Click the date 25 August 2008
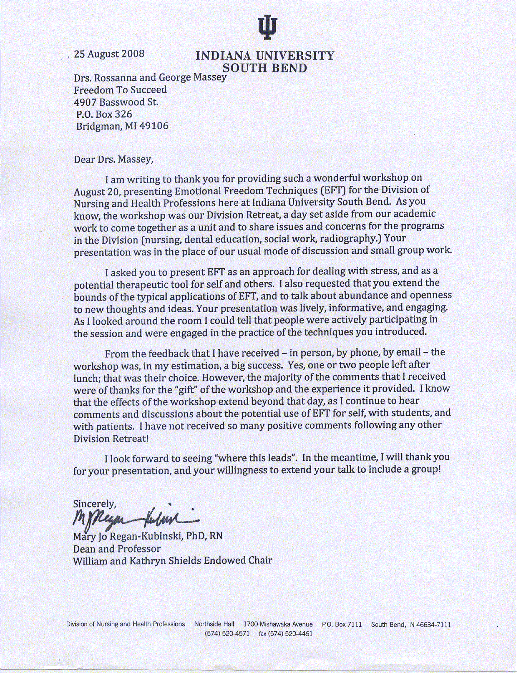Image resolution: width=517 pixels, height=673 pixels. click(x=109, y=54)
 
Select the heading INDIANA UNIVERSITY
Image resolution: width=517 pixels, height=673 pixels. click(x=265, y=56)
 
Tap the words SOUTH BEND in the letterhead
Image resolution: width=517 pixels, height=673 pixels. click(x=265, y=68)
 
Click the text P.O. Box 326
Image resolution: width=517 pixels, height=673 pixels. click(x=104, y=114)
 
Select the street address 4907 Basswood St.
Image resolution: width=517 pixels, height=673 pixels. click(x=116, y=102)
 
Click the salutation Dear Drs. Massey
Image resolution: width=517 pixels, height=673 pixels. click(x=114, y=159)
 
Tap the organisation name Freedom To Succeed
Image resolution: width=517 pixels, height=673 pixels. click(x=120, y=90)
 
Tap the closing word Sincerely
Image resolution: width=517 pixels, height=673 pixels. click(x=95, y=504)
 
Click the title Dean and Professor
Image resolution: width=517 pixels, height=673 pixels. click(x=117, y=549)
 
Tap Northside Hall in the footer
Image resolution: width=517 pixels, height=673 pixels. click(x=214, y=624)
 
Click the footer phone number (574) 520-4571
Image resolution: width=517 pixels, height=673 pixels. click(x=227, y=634)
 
